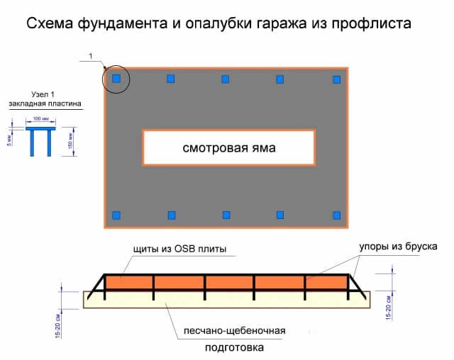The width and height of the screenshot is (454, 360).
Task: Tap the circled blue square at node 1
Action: (x=116, y=79)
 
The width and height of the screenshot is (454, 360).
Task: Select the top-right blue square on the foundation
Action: (x=337, y=79)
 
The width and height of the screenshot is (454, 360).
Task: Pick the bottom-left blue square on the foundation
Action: (x=116, y=215)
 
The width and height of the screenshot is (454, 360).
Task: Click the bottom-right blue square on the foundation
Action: (x=337, y=215)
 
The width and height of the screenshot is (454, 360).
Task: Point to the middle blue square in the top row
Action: (x=226, y=79)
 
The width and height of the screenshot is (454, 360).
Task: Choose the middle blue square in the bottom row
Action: (x=226, y=215)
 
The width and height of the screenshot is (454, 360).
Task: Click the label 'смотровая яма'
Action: (x=228, y=149)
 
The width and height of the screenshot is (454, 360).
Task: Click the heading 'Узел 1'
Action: (x=45, y=95)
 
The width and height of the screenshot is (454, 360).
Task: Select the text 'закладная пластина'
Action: (x=45, y=104)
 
